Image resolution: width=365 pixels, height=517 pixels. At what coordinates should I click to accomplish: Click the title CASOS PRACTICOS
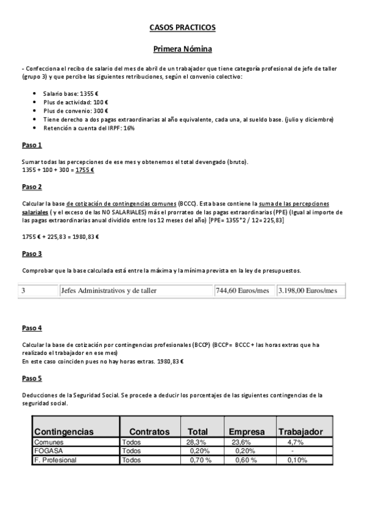click(182, 27)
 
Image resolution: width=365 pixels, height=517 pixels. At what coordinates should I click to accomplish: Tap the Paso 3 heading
click(32, 253)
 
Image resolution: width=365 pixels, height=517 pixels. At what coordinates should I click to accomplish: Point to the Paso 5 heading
click(32, 378)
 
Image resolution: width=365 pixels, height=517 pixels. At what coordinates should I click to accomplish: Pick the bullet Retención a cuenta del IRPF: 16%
click(88, 128)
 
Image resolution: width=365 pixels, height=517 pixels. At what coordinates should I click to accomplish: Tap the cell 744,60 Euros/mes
click(242, 291)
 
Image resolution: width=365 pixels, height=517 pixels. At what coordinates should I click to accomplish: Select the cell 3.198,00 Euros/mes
click(307, 291)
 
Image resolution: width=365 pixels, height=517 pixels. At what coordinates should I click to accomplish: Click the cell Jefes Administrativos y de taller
click(108, 291)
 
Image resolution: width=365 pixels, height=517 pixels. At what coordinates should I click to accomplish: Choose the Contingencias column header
click(64, 432)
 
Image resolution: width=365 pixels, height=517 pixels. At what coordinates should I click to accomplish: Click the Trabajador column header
click(300, 432)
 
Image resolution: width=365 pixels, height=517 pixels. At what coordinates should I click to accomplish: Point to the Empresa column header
click(247, 432)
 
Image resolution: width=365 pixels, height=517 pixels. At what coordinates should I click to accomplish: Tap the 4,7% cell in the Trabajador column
click(296, 443)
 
